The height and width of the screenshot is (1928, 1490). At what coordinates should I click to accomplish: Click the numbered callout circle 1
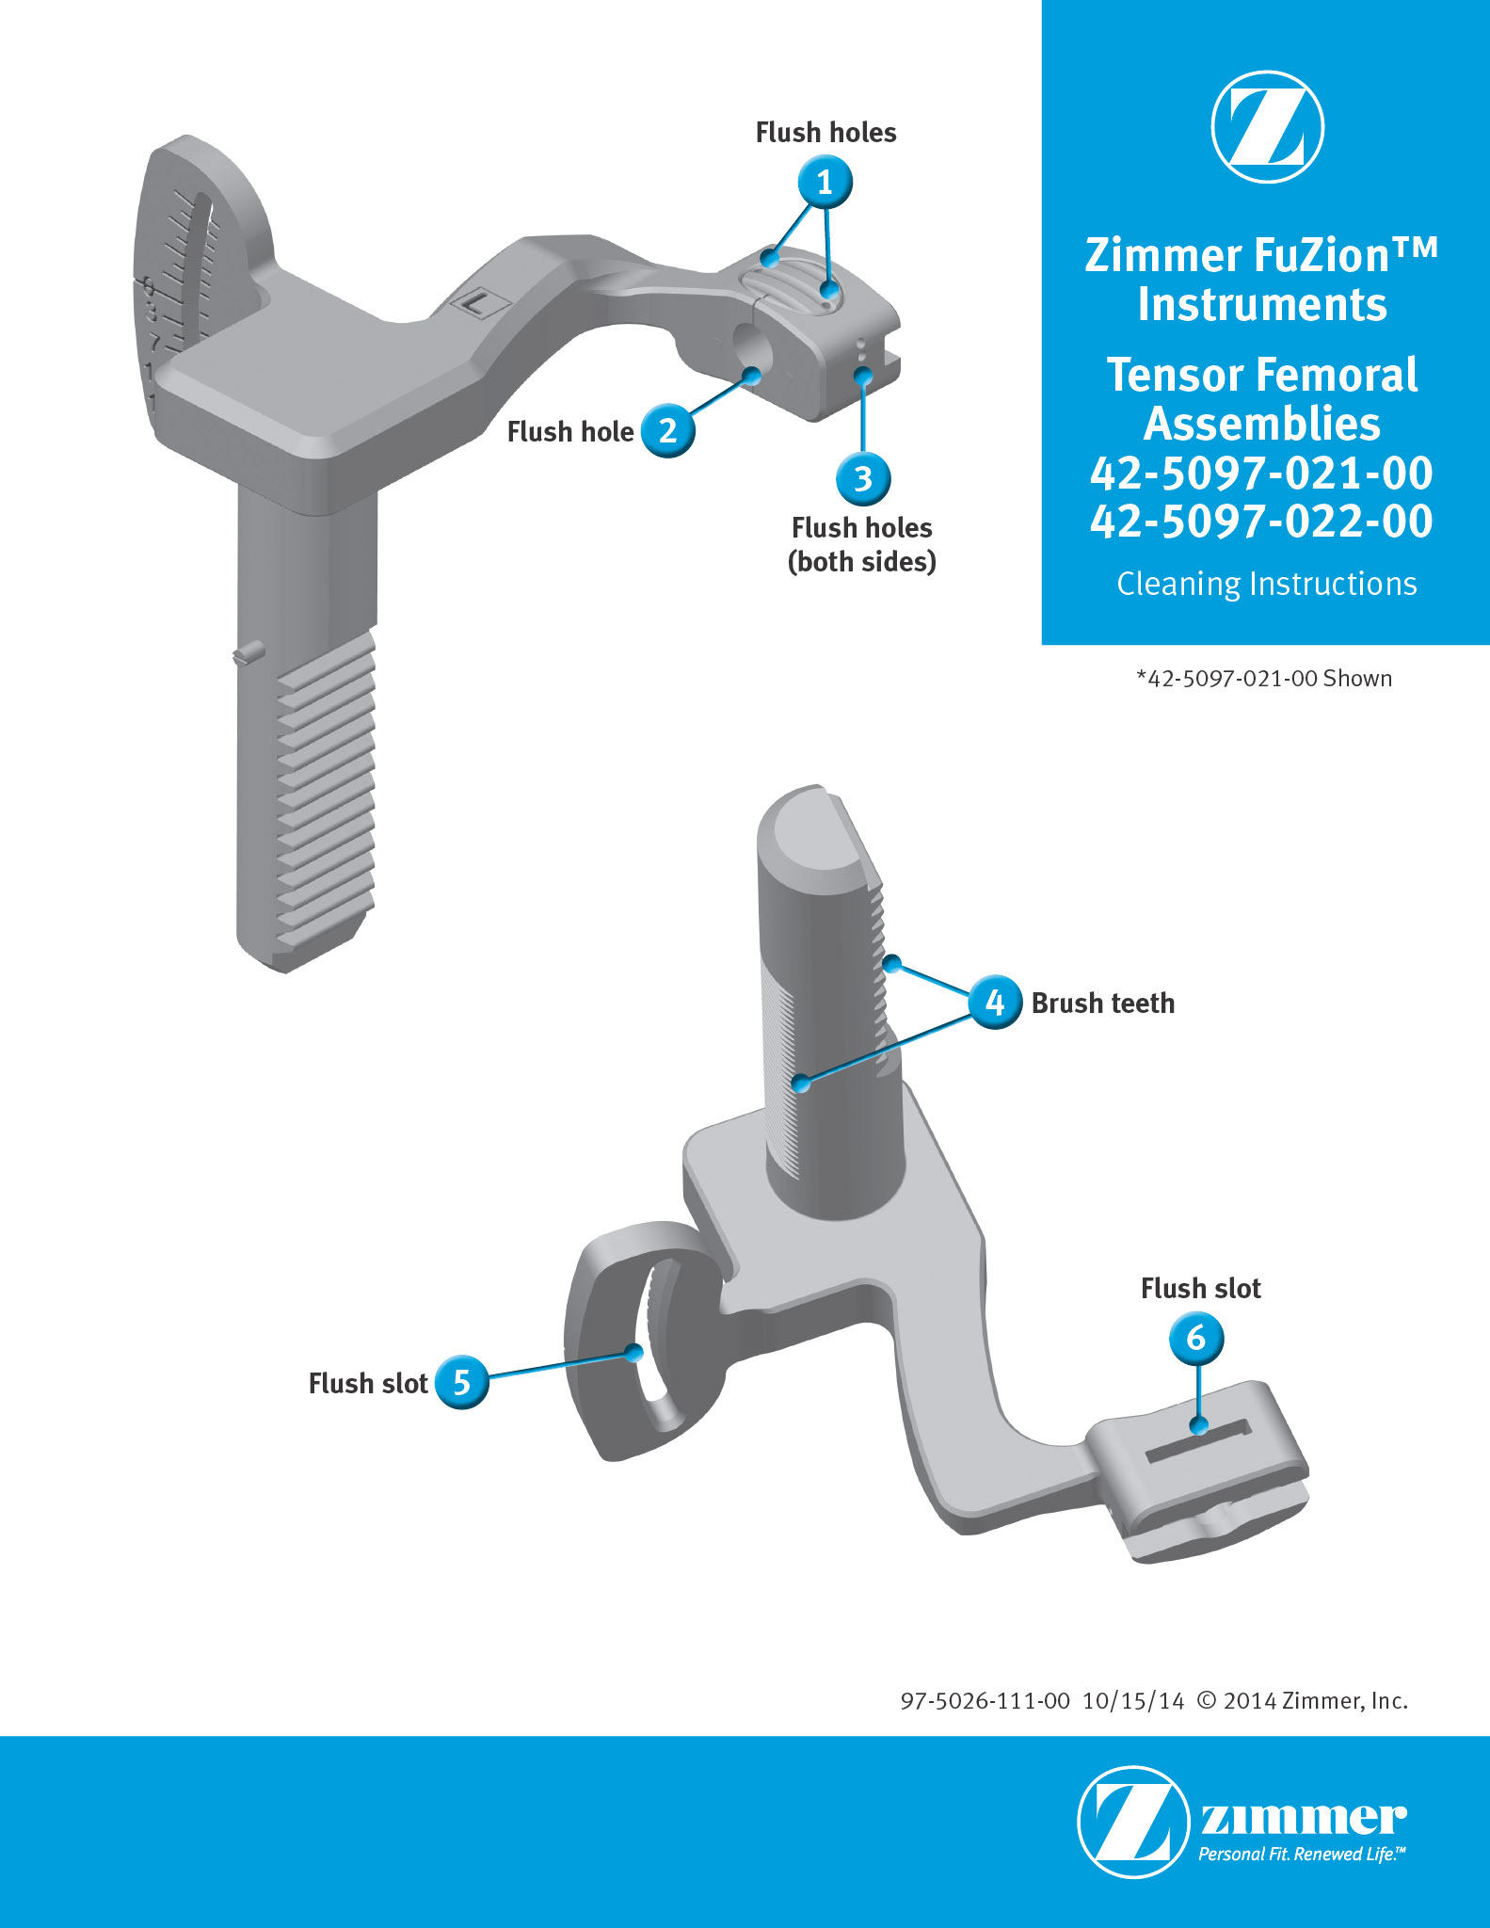tap(825, 182)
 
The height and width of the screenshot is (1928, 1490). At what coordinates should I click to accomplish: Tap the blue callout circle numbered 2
tap(668, 431)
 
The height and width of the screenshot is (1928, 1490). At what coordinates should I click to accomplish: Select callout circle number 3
tap(863, 478)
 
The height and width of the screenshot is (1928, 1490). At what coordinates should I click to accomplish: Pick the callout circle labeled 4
tap(995, 1003)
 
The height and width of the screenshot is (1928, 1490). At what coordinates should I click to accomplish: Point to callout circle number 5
tap(462, 1382)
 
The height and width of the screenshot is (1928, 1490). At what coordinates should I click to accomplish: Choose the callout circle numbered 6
tap(1196, 1338)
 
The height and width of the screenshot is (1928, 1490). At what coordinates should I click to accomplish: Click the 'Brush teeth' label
tap(1103, 1004)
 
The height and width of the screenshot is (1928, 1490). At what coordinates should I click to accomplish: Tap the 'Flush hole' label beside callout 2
tap(570, 432)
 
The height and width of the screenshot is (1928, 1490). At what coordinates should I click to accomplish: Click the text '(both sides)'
tap(862, 562)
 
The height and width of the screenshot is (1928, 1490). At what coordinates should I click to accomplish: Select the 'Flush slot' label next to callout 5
tap(368, 1383)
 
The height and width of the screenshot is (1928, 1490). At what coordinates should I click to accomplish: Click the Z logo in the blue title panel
tap(1267, 126)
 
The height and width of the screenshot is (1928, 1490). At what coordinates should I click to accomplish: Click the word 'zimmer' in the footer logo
tap(1304, 1818)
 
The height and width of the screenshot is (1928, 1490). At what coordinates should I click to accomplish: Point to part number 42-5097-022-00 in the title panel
tap(1262, 522)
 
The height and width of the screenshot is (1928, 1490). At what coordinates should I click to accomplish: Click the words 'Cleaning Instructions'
tap(1267, 584)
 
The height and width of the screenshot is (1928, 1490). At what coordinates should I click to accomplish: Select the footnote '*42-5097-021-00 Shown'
tap(1264, 679)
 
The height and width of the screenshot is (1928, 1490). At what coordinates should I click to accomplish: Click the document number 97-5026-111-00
tap(985, 1701)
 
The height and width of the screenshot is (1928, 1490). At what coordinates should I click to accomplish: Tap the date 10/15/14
tap(1133, 1701)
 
